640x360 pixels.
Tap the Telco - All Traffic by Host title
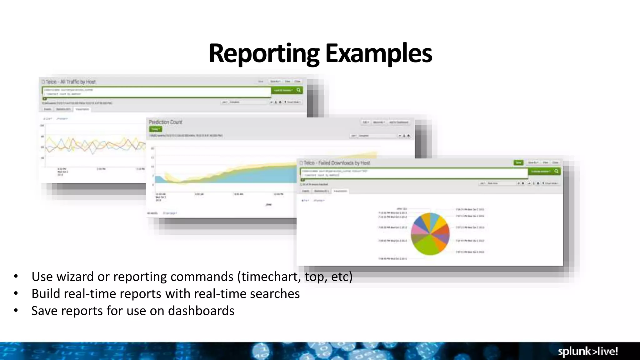point(70,82)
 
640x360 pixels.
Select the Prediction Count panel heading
point(165,122)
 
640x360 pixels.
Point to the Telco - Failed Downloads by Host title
point(337,163)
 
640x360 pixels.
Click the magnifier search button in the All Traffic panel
point(299,90)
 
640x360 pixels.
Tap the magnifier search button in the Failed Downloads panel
point(556,171)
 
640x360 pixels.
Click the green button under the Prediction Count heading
point(155,129)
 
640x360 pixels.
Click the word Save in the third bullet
point(44,311)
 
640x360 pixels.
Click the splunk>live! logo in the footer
point(588,352)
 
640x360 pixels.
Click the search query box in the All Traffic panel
point(156,92)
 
